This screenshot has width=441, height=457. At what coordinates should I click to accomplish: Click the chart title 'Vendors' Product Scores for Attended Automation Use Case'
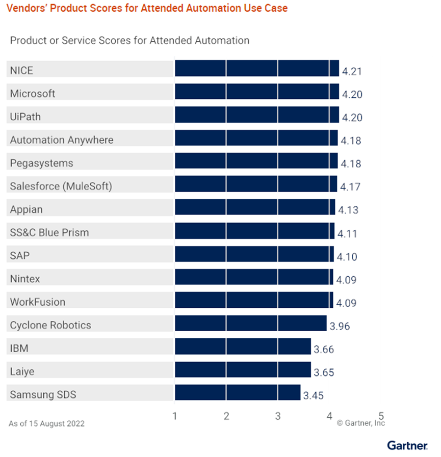click(147, 8)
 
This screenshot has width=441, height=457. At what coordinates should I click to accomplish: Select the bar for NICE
click(256, 68)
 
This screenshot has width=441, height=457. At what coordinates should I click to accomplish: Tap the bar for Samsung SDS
click(237, 393)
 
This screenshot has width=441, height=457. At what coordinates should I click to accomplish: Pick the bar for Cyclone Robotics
click(250, 324)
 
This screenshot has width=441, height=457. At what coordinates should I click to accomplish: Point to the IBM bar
click(243, 346)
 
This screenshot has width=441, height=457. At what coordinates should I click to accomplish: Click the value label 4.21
click(352, 71)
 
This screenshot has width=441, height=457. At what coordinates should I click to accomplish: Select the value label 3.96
click(340, 327)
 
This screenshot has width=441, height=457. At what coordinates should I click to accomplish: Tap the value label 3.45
click(313, 396)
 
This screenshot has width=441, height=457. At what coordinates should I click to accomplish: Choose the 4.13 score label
click(348, 210)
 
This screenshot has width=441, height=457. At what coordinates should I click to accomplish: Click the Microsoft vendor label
click(33, 94)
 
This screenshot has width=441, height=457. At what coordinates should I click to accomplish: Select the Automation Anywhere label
click(62, 140)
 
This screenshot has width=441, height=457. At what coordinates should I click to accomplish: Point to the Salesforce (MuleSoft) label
click(61, 186)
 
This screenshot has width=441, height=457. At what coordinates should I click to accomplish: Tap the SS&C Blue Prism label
click(49, 232)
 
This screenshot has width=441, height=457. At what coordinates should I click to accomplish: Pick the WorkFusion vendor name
click(38, 302)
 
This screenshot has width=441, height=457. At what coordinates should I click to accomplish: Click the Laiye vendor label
click(22, 371)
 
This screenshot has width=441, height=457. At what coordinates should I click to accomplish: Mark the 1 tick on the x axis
click(175, 416)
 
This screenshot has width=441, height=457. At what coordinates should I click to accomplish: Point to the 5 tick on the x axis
click(380, 416)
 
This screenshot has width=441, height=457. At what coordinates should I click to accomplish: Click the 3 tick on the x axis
click(278, 416)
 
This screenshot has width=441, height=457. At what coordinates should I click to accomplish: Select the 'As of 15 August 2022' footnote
click(46, 423)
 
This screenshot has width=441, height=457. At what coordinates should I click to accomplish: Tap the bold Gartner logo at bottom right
click(407, 445)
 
